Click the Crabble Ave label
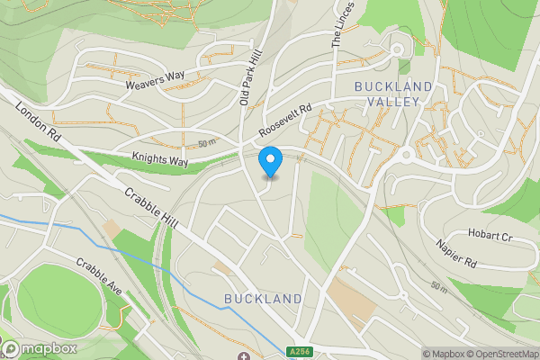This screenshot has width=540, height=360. point(98,278)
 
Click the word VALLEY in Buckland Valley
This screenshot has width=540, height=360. point(392,102)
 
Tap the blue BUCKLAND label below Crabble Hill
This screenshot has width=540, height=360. point(263,298)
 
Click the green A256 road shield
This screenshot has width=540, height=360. point(301,352)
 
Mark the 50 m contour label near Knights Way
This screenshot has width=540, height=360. point(207,143)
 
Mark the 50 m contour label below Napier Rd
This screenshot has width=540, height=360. point(439,287)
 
